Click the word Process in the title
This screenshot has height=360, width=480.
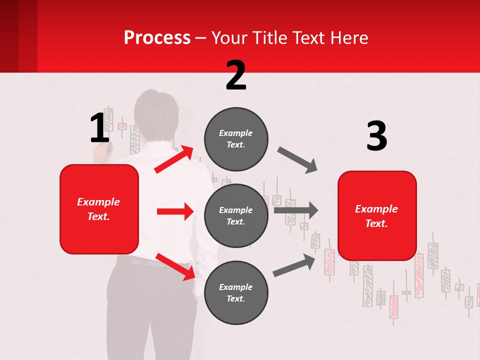[157, 38]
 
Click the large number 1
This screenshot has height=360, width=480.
[99, 128]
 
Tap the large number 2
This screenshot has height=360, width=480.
[236, 75]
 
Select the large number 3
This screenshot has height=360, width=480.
[376, 136]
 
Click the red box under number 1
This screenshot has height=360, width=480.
[99, 209]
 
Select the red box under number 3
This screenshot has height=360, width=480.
[377, 216]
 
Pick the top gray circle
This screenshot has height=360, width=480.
[236, 139]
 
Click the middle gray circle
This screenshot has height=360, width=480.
[236, 216]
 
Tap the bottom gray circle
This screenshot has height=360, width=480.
[236, 293]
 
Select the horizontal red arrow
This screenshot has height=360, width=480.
[175, 211]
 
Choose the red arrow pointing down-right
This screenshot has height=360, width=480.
[175, 266]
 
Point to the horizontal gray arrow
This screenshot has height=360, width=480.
[295, 210]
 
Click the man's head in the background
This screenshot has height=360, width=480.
[156, 112]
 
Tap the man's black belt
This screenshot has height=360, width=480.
[145, 261]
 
